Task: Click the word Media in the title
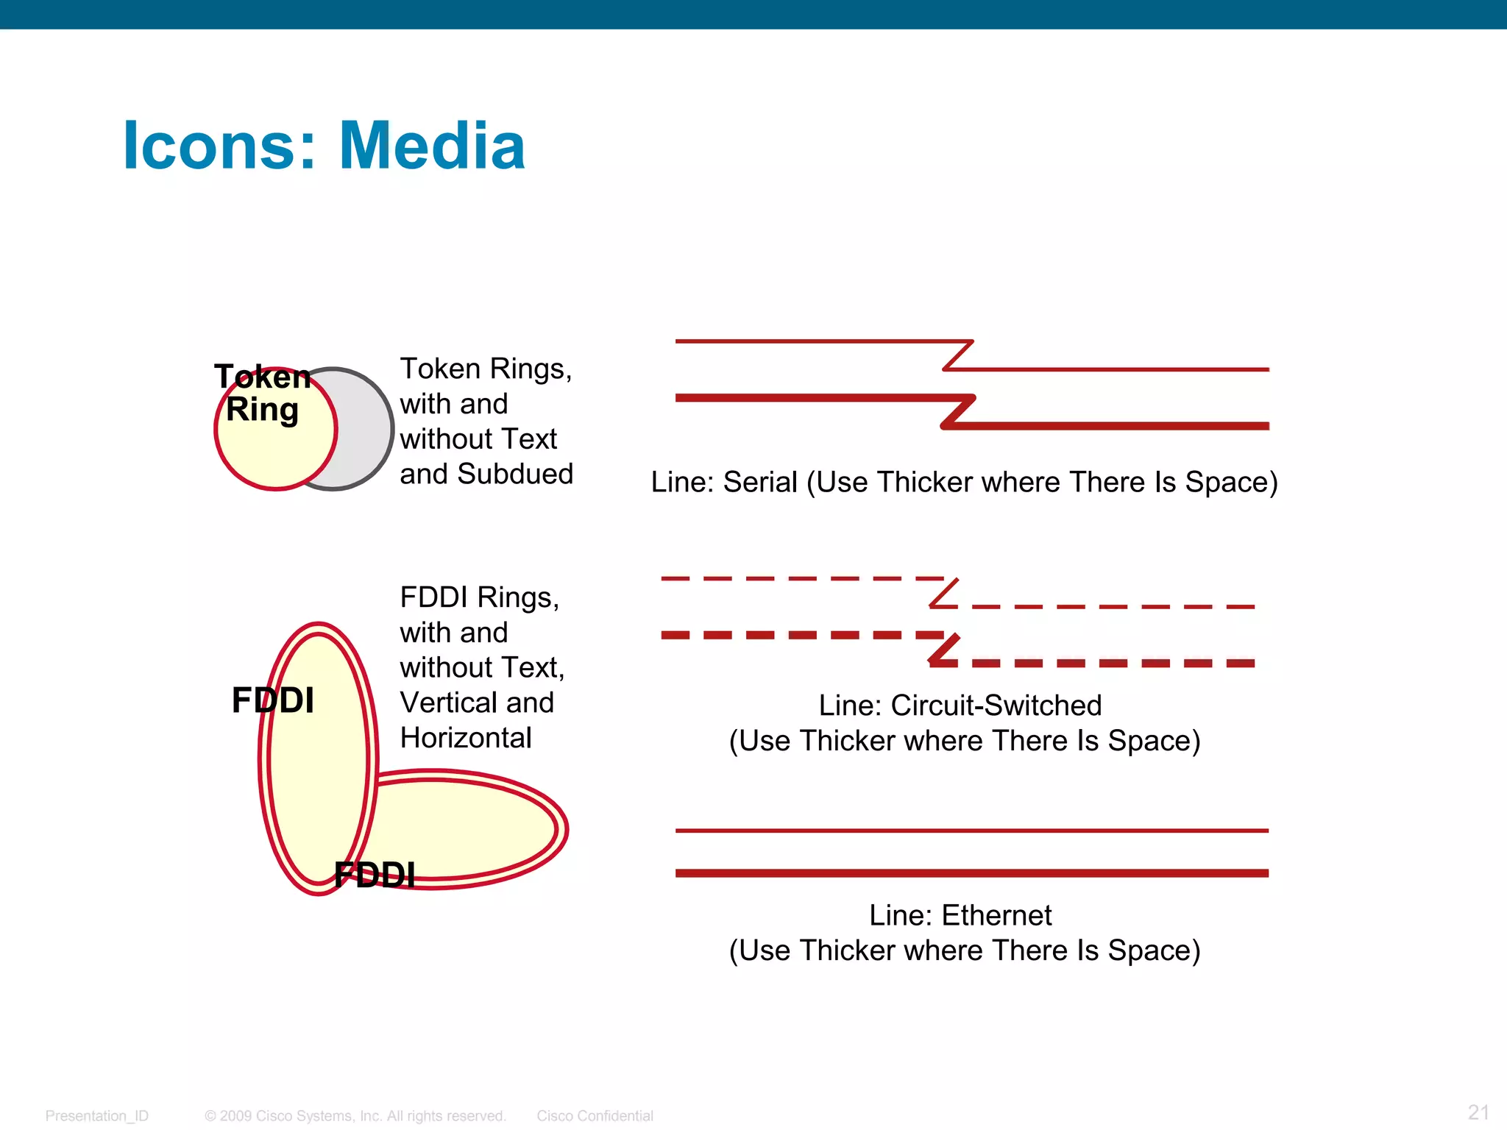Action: [x=432, y=146]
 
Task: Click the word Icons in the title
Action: [x=219, y=146]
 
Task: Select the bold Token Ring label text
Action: [x=263, y=394]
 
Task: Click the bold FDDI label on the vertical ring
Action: [x=273, y=700]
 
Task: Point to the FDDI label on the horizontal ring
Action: [x=375, y=875]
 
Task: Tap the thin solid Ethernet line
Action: [x=971, y=831]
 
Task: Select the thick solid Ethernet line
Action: [x=971, y=873]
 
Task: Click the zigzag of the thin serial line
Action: [x=958, y=355]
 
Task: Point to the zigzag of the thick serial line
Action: [x=958, y=412]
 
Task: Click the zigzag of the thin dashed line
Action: [x=944, y=593]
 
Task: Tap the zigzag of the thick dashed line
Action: [x=944, y=649]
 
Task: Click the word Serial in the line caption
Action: [x=760, y=483]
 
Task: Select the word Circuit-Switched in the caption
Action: [x=996, y=706]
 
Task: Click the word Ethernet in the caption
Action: [x=996, y=916]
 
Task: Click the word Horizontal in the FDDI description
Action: [x=466, y=738]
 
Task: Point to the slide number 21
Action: [x=1478, y=1112]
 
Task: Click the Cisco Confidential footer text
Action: [x=595, y=1116]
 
